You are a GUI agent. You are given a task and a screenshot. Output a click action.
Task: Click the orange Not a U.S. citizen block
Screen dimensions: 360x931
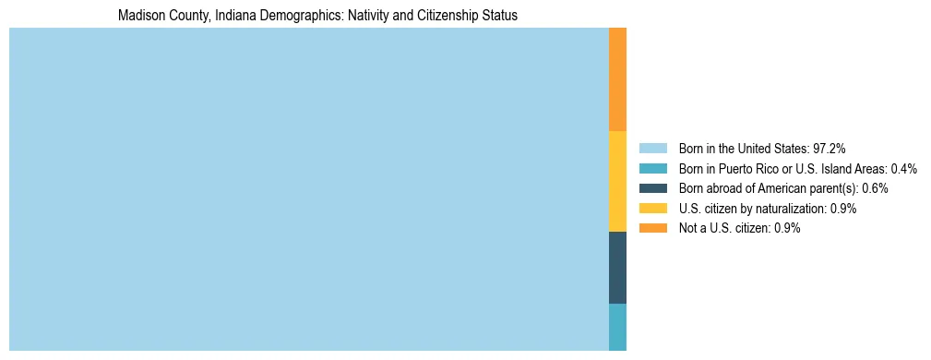(617, 79)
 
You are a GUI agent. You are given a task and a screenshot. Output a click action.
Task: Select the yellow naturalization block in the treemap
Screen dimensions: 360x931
(617, 181)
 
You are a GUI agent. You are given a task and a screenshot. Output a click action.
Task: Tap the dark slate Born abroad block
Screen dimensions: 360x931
(617, 267)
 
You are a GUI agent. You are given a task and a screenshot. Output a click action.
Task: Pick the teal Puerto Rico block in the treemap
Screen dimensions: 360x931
(617, 327)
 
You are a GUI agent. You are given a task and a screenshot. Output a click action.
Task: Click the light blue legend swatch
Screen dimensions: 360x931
(652, 148)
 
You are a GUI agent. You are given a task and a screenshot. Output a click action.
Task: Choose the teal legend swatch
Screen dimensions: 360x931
(652, 168)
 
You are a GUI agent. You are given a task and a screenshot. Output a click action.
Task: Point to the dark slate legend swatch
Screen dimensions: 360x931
(652, 188)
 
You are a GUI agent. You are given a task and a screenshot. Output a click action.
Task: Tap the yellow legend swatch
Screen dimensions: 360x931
(652, 209)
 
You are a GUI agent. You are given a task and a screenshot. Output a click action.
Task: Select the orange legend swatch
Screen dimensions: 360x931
(652, 228)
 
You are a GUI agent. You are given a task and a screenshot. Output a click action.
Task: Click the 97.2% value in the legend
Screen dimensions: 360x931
(829, 148)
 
